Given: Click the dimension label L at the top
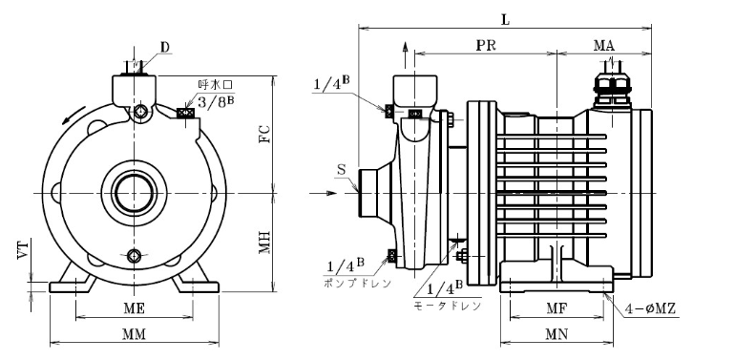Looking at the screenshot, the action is coord(505,20).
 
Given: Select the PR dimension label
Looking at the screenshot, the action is coord(486,46).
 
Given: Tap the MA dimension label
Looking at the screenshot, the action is coord(603,46).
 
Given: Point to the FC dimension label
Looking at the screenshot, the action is coord(263,134).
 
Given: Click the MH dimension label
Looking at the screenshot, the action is coord(263,243).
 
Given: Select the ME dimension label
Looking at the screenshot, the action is coord(134,308).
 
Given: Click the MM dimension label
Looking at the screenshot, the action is coord(134,334).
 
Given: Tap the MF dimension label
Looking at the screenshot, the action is coord(556,307).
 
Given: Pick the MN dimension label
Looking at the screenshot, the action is coord(556,334).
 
